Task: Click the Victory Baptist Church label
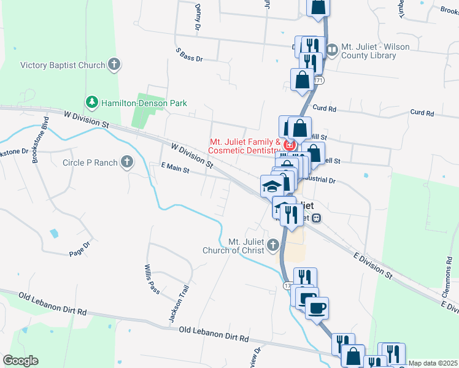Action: coord(63,65)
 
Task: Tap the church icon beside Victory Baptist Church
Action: coord(114,64)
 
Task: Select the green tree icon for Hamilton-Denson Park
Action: coord(91,101)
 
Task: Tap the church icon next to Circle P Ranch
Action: coord(126,162)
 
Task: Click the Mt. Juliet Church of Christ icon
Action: coord(273,246)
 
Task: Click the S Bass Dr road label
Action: coord(189,55)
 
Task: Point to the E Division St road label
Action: coord(372,264)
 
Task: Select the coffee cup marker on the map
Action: coord(317,308)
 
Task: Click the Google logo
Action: coord(20,361)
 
